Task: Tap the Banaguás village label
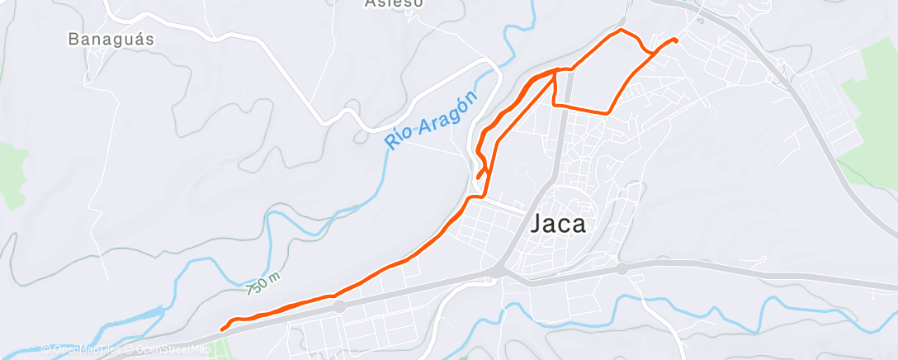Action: click(111, 39)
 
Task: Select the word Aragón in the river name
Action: click(449, 116)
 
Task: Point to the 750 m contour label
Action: click(262, 284)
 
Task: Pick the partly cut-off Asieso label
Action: click(394, 3)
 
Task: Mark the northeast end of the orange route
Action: click(677, 40)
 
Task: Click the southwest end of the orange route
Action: click(222, 329)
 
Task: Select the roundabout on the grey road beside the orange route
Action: click(339, 306)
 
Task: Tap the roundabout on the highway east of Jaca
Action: click(622, 268)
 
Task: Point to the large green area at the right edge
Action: click(871, 107)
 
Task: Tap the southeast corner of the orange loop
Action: click(609, 112)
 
